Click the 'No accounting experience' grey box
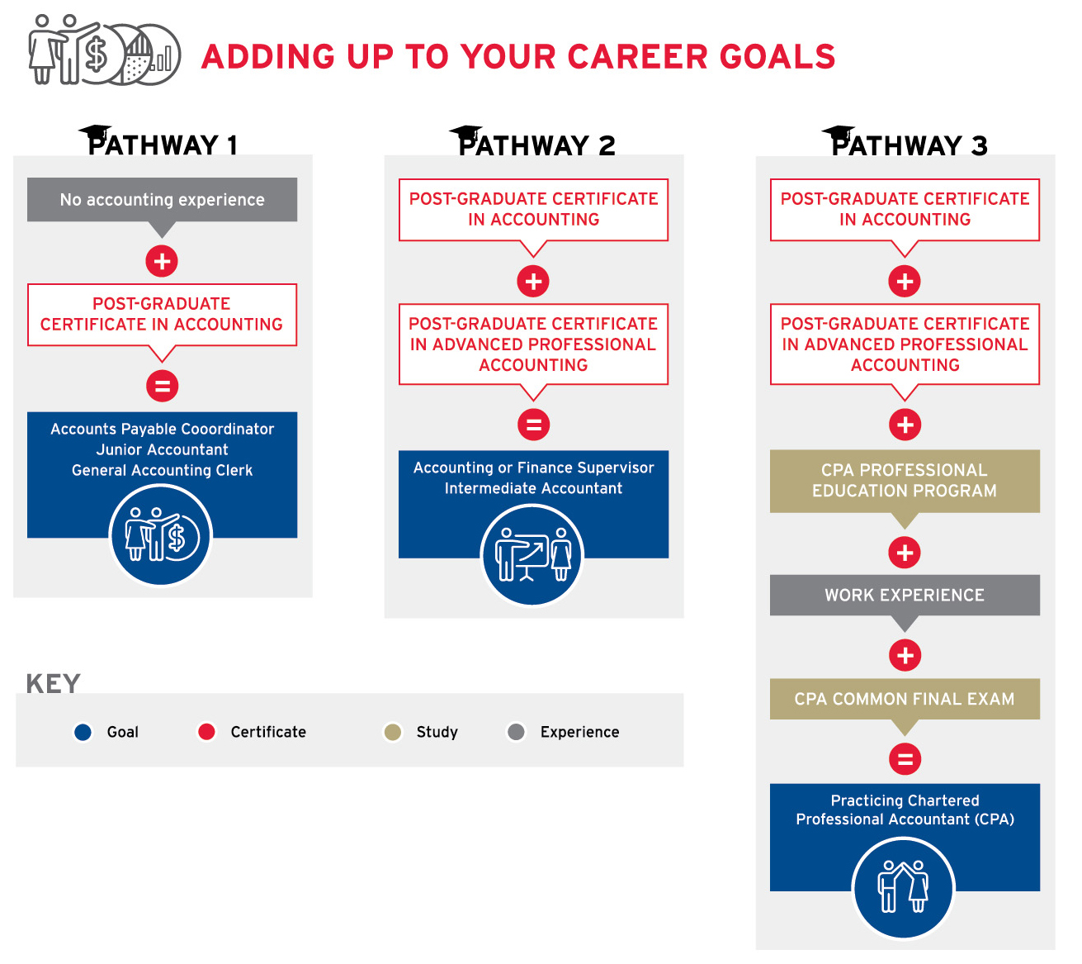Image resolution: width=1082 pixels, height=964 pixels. coord(162,199)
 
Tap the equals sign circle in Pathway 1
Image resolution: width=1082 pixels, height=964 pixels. coord(162,386)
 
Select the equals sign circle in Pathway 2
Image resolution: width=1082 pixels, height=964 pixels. coord(533,425)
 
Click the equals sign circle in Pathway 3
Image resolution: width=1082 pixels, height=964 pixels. coord(905,758)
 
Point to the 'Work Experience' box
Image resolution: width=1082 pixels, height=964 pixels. coord(905,595)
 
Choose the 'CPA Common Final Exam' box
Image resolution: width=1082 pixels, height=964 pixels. coord(905,698)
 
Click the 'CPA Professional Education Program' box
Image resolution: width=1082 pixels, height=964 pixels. coord(905,481)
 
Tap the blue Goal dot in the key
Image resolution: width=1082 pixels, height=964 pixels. coord(83,731)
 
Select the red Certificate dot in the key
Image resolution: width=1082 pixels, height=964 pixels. coord(206,731)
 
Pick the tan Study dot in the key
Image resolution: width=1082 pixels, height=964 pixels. coord(393,731)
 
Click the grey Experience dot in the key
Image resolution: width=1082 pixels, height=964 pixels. coord(516,731)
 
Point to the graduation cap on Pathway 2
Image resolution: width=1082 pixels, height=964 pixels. coord(465,132)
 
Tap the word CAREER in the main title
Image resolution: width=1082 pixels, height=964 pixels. coord(637,57)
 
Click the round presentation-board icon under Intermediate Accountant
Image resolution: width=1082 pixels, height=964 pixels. coord(532,555)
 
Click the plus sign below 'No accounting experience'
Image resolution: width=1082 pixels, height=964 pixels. coord(162,261)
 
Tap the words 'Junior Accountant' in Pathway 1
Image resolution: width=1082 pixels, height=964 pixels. coord(162,449)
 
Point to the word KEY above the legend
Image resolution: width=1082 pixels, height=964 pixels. coord(54,683)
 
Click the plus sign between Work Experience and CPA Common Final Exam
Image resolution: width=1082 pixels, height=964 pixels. coord(905,654)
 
